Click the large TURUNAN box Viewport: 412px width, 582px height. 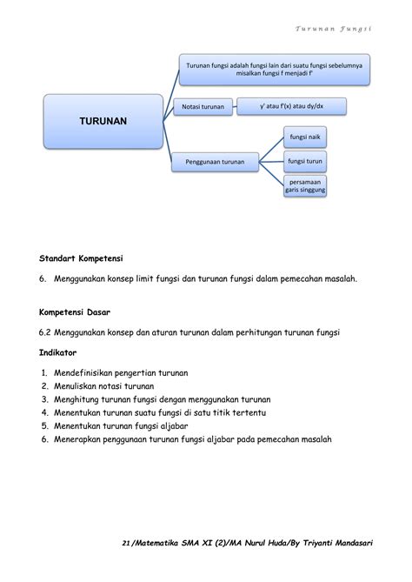tap(103, 121)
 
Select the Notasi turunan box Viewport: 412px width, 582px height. tap(203, 106)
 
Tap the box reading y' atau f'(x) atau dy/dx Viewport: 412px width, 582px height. tap(290, 105)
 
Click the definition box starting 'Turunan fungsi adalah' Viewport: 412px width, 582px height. tap(275, 69)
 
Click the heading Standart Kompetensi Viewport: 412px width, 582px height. tap(81, 259)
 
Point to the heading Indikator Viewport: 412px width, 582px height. tap(58, 353)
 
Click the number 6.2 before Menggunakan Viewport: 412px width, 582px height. tap(46, 332)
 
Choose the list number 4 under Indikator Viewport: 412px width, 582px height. tap(44, 412)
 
